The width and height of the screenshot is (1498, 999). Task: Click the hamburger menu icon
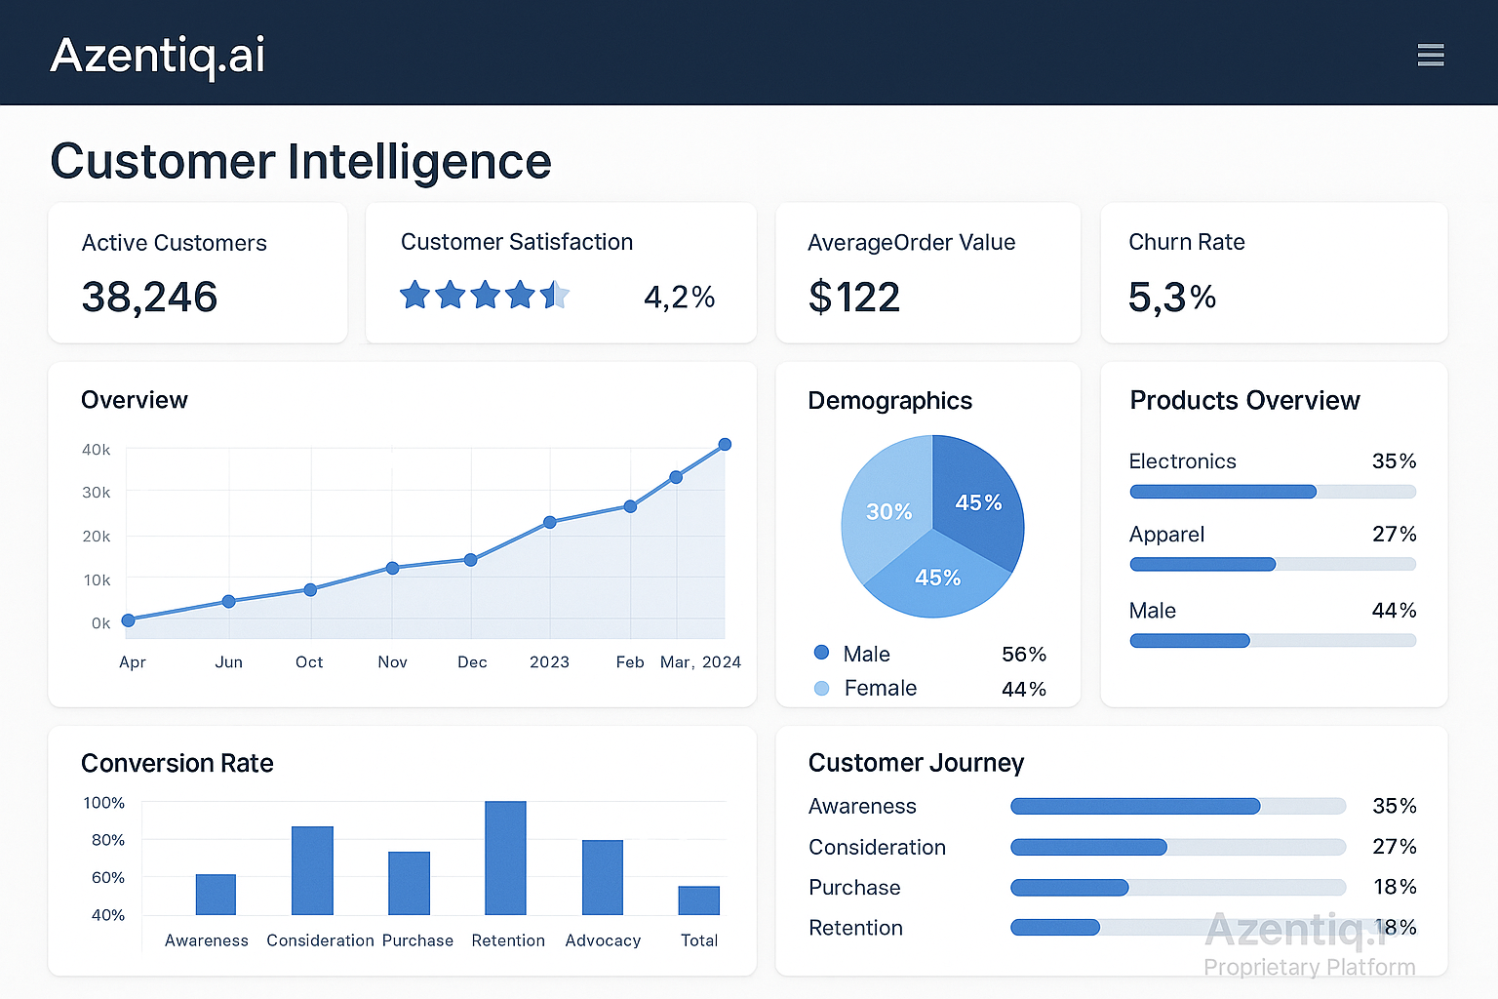(1430, 55)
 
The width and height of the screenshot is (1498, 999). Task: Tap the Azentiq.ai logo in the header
(157, 55)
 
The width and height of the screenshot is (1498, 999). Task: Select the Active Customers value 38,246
(149, 297)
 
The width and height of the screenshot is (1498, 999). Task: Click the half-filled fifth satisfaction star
(555, 294)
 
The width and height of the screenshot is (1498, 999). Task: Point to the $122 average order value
(854, 297)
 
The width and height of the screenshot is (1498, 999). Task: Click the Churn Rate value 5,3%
(1171, 297)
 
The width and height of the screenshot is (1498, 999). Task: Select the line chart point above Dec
(470, 560)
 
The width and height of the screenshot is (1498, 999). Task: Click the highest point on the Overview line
(725, 444)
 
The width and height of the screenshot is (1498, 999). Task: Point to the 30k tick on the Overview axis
(96, 493)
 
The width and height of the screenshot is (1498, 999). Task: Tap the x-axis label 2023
(549, 661)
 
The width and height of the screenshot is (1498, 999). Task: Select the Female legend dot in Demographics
(821, 688)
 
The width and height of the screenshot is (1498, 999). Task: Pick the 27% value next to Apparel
(1394, 534)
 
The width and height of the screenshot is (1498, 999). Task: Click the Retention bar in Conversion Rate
(505, 858)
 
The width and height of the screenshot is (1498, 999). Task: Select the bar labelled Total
(698, 899)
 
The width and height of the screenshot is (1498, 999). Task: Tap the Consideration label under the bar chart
(320, 940)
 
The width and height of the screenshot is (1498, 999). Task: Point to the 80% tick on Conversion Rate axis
(107, 840)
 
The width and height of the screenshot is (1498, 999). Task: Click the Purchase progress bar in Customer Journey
(1177, 887)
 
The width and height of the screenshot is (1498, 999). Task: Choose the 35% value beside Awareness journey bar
(1394, 806)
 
